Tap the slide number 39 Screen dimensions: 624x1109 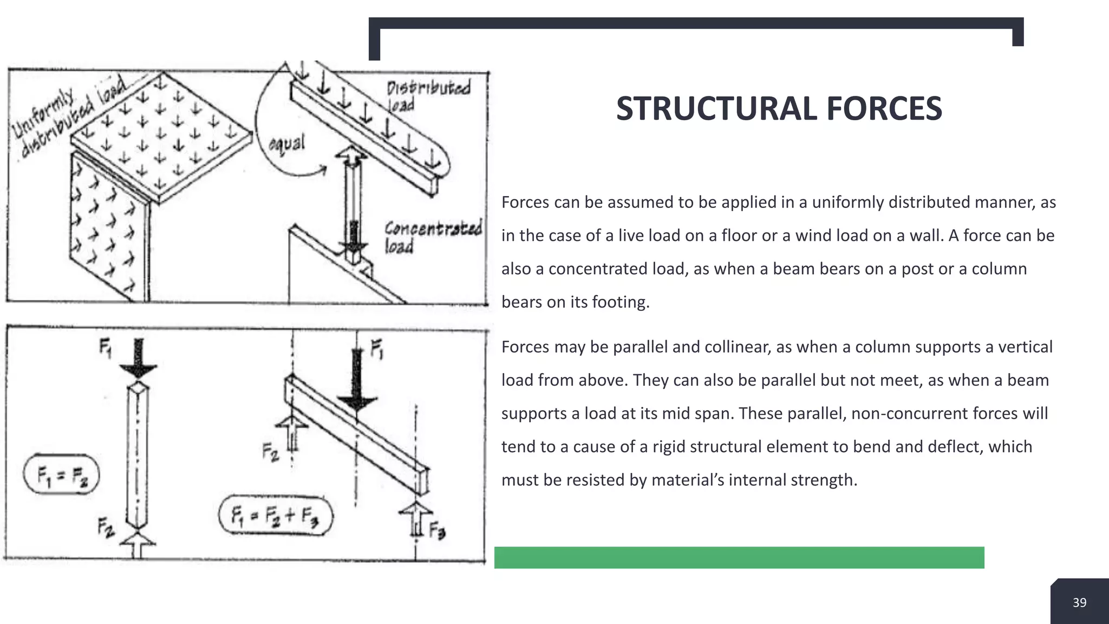point(1079,602)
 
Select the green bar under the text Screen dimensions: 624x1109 point(739,557)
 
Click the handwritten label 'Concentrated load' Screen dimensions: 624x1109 point(432,237)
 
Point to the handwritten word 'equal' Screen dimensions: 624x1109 point(287,144)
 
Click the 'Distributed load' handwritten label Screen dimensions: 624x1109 point(427,94)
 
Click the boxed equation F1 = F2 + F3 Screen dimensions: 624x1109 point(275,515)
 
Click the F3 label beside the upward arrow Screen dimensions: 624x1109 point(437,530)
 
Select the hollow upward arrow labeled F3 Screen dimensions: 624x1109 point(415,517)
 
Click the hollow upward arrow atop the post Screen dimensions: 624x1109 point(351,159)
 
